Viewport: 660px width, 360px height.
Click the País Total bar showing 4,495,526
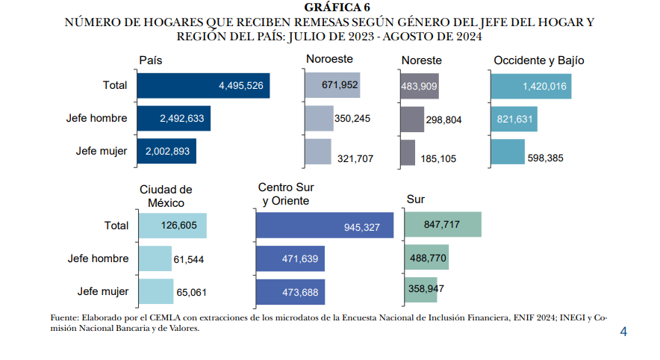pos(204,86)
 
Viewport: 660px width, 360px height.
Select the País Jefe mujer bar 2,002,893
pos(166,151)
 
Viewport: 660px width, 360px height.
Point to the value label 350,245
pos(352,118)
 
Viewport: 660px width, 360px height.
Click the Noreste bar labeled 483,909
pos(420,86)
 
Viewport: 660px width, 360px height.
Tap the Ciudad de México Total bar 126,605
pos(172,226)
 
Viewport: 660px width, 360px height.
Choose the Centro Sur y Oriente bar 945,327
pos(324,226)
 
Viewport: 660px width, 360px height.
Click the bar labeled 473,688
pos(290,292)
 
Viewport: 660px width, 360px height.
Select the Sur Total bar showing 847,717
pos(442,224)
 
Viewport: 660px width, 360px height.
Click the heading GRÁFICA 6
pos(329,7)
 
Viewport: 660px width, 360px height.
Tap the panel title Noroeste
pos(329,59)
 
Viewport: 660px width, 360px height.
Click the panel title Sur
pos(415,199)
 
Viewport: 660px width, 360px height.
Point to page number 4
pos(623,332)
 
